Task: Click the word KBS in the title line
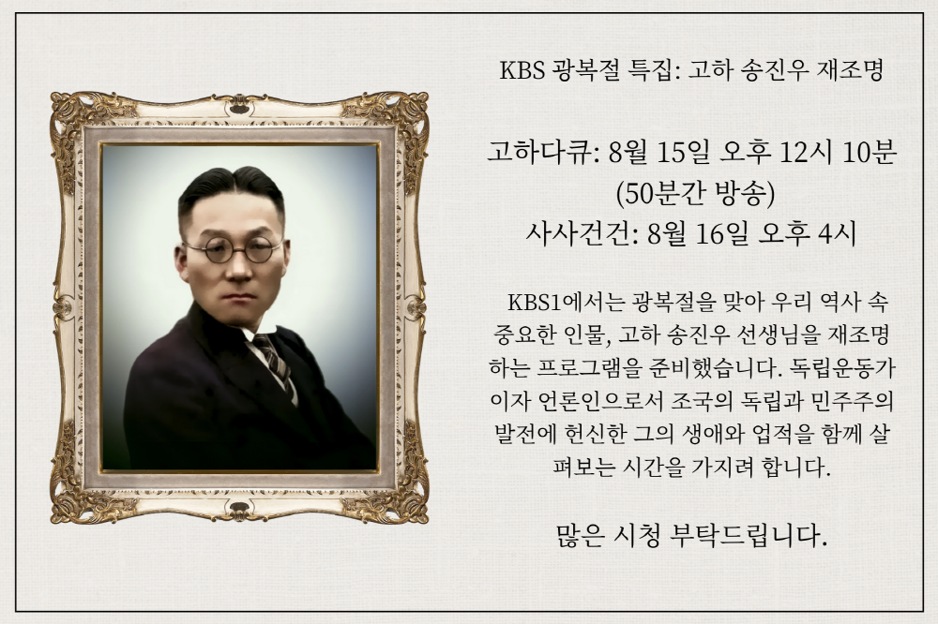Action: (522, 70)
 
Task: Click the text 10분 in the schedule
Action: (870, 153)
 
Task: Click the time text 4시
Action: (838, 233)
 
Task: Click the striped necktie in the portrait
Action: (274, 361)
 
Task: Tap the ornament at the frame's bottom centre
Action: (239, 511)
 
